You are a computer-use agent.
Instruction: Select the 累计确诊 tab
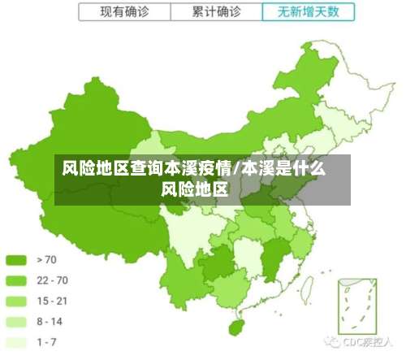(218, 12)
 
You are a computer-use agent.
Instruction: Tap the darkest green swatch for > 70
(16, 261)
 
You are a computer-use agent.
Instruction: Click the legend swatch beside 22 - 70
(16, 281)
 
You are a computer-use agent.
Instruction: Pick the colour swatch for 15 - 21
(16, 301)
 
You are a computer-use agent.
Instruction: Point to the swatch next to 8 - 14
(16, 322)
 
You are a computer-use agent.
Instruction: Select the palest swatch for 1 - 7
(16, 342)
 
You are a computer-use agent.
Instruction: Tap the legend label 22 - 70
(52, 281)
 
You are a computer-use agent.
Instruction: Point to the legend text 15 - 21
(52, 301)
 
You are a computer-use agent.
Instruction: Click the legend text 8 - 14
(50, 322)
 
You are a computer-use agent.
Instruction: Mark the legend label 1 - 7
(47, 342)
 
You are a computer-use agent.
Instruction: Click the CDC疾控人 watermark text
(370, 342)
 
